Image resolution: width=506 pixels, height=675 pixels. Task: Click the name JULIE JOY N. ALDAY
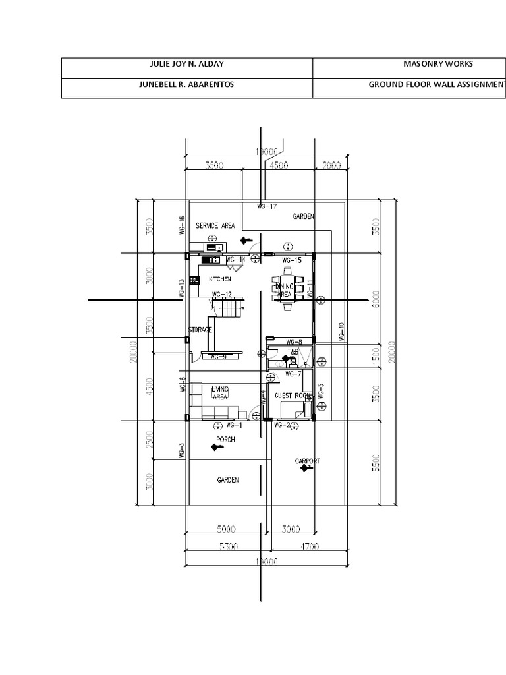(187, 65)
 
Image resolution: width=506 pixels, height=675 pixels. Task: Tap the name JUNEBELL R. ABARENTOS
(187, 85)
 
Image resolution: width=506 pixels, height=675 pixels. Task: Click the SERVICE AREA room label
(215, 225)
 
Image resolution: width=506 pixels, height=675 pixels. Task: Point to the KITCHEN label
(220, 279)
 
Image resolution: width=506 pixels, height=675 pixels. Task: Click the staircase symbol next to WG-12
(227, 307)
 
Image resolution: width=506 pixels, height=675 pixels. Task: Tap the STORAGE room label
(200, 329)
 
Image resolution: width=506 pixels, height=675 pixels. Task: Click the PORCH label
(226, 439)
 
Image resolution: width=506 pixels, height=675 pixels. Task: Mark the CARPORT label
(307, 461)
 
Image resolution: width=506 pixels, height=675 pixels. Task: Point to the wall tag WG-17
(267, 206)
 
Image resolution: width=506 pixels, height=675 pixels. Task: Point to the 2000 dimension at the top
(332, 166)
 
